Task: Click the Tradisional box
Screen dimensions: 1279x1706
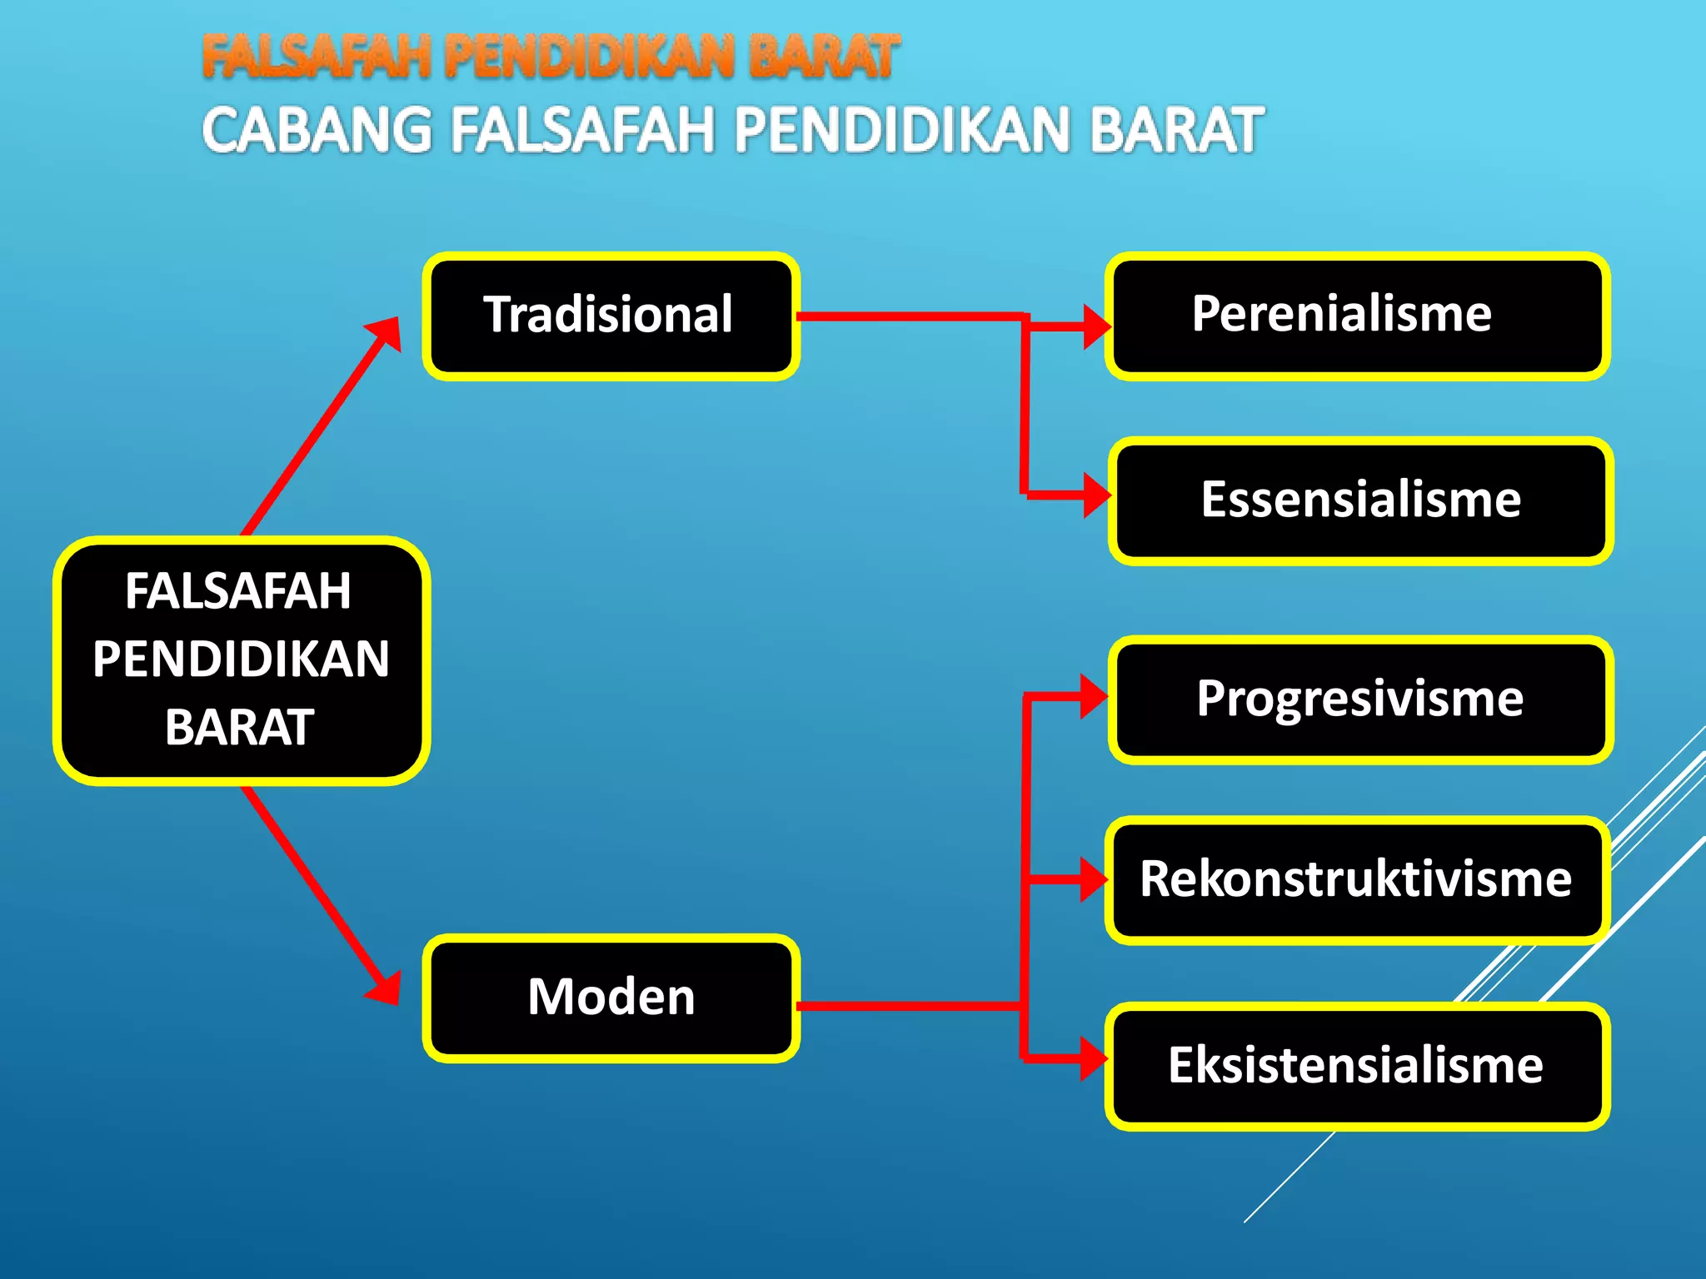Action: [611, 316]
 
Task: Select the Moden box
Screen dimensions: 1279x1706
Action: [611, 998]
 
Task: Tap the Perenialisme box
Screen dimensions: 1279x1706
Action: [1357, 316]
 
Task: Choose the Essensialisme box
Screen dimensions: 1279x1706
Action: [1360, 500]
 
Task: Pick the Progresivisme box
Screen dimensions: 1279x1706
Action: [1360, 699]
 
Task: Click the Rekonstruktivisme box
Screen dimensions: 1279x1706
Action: [1357, 879]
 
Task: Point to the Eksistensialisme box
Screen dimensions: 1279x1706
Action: [1357, 1066]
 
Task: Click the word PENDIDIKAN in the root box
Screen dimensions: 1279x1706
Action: [241, 659]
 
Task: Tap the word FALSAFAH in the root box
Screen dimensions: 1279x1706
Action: [238, 591]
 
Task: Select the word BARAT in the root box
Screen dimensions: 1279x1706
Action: [239, 728]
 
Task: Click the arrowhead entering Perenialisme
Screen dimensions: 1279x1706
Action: [1096, 326]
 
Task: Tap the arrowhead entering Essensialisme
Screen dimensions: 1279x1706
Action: [1096, 495]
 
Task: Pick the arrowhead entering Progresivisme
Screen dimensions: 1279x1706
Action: [1094, 696]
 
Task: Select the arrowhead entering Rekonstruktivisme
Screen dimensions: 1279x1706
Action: [1094, 878]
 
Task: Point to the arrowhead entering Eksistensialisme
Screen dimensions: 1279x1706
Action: [1094, 1059]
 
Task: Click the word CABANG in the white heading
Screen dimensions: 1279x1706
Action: [317, 132]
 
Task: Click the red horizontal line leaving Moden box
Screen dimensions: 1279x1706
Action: [908, 1006]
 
